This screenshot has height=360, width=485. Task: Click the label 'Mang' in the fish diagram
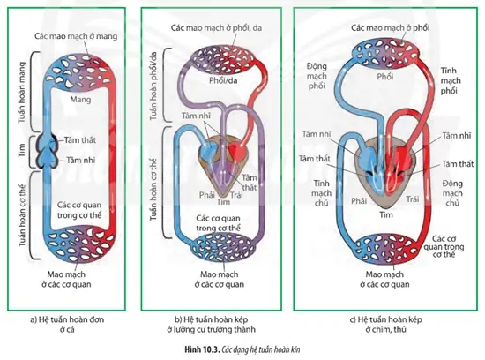(x=80, y=100)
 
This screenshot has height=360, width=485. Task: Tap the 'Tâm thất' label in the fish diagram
(x=80, y=140)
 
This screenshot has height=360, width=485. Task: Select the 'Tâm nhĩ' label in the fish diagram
(x=81, y=160)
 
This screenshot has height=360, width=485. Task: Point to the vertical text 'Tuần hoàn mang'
(x=22, y=93)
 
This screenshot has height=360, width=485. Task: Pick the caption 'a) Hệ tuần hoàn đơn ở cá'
(x=67, y=324)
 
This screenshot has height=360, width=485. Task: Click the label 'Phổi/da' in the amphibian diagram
(x=223, y=81)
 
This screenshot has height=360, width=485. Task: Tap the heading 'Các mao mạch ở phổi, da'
(x=216, y=28)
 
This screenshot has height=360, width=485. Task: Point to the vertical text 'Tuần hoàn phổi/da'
(x=153, y=86)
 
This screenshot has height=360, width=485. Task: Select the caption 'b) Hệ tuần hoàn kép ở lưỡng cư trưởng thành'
(x=212, y=324)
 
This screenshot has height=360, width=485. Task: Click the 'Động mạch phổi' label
(x=317, y=76)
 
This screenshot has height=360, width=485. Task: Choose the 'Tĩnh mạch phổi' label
(x=451, y=81)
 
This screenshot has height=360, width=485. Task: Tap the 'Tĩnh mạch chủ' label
(x=321, y=193)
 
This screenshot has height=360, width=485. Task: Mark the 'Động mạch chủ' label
(x=452, y=193)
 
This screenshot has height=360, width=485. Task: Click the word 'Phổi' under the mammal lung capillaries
(x=385, y=77)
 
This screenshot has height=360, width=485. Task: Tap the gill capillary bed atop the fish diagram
(x=80, y=73)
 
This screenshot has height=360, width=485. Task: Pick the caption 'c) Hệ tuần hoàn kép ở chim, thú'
(x=385, y=324)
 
